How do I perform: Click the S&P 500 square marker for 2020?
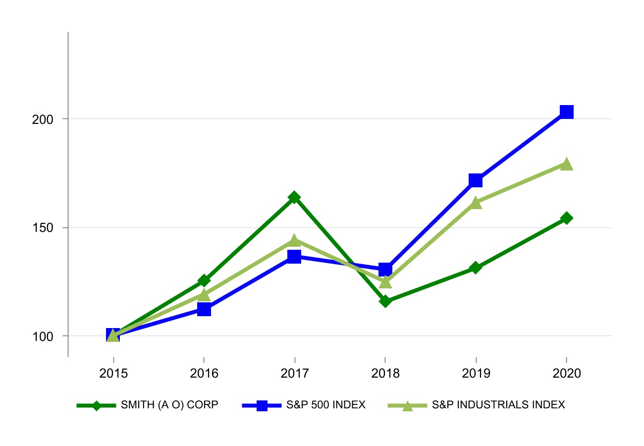pos(567,112)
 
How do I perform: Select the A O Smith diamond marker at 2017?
pos(294,198)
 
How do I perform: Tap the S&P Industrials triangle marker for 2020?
pos(567,164)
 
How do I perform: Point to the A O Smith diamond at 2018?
pos(385,301)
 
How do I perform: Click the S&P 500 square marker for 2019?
pos(476,180)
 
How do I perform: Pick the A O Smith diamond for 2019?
pos(476,268)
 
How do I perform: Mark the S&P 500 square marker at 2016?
pos(204,310)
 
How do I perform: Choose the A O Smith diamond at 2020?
pos(567,218)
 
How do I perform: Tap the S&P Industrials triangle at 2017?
pos(294,240)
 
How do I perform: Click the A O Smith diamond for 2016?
pos(204,281)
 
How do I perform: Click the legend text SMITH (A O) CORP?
pos(169,405)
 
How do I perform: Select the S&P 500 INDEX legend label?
pos(325,405)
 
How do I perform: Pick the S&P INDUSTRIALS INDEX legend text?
pos(498,405)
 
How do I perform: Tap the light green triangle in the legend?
pos(407,405)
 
